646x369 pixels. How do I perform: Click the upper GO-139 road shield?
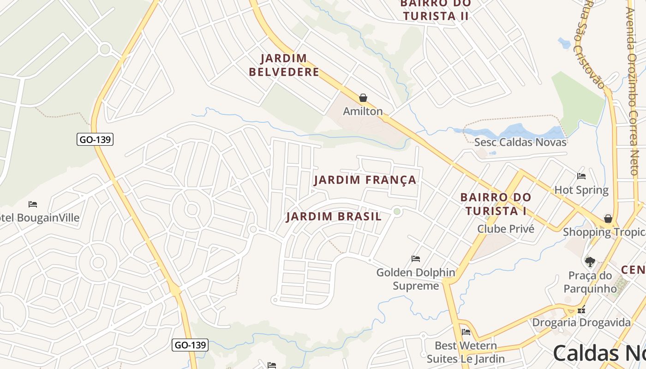click(95, 139)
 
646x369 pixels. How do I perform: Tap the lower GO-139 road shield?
click(190, 345)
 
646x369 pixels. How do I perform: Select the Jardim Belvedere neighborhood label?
click(284, 65)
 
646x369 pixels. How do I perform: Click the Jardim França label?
click(365, 180)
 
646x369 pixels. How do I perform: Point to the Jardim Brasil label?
click(334, 216)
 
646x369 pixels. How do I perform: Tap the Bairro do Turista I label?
click(496, 204)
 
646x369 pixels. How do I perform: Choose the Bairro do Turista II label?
click(435, 10)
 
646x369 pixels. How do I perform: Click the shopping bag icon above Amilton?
click(363, 98)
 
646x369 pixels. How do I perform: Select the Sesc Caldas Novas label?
click(520, 142)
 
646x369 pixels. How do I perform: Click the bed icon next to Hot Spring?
click(581, 176)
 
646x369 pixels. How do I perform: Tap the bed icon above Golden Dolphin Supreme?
click(416, 259)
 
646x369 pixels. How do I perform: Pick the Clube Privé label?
click(505, 229)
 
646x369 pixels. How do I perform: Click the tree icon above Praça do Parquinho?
click(590, 262)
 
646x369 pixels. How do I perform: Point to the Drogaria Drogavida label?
click(581, 322)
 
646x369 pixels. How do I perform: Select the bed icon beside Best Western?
click(466, 332)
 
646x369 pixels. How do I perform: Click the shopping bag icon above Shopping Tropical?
click(608, 218)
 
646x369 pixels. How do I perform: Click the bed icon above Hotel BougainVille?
click(32, 204)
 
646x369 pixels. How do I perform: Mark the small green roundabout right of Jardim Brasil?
click(397, 211)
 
